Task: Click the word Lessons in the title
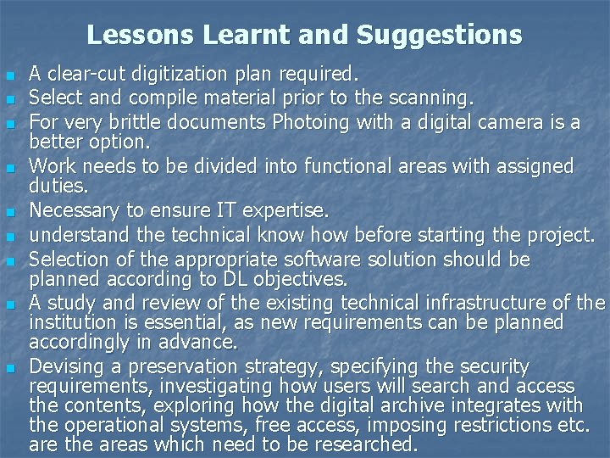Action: (130, 35)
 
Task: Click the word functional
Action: (327, 166)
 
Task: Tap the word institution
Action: (70, 321)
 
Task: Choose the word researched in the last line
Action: (367, 444)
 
